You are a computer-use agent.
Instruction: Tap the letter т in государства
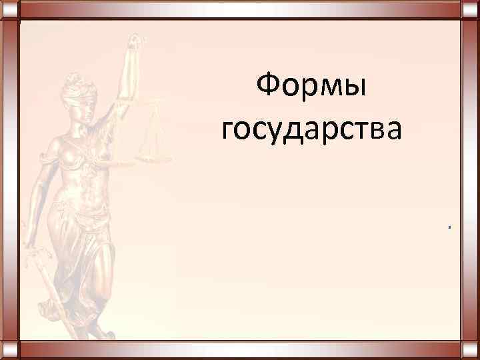click(x=355, y=130)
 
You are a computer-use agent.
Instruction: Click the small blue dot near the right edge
click(x=450, y=228)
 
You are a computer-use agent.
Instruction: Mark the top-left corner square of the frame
click(x=9, y=9)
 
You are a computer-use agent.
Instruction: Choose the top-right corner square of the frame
click(x=471, y=9)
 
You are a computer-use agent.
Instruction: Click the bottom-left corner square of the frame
click(x=9, y=351)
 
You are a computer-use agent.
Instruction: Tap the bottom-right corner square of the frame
click(x=471, y=351)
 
